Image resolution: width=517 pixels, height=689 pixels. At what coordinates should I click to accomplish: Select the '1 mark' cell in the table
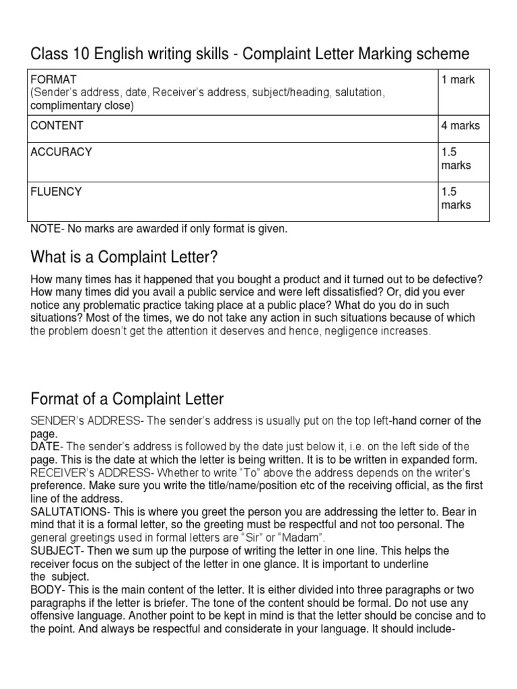tap(458, 79)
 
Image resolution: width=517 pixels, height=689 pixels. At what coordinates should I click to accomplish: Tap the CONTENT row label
tap(57, 126)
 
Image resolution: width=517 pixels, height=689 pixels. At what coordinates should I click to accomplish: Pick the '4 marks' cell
tap(460, 126)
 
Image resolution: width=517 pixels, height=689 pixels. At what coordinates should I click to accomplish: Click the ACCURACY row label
tap(61, 152)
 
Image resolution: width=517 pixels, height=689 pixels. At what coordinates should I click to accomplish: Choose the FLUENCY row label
tap(56, 192)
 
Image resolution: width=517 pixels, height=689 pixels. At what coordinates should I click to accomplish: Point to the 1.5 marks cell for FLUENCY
tap(456, 198)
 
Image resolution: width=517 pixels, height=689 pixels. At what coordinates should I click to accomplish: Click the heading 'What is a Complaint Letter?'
tap(125, 258)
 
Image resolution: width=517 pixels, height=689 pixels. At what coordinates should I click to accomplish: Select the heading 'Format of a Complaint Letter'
tap(127, 399)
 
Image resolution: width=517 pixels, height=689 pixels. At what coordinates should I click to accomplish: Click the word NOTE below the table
tap(44, 229)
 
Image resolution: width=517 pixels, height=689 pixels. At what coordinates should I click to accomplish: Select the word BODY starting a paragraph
tap(44, 590)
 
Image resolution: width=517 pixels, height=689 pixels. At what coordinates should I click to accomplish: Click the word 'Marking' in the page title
tap(367, 53)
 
